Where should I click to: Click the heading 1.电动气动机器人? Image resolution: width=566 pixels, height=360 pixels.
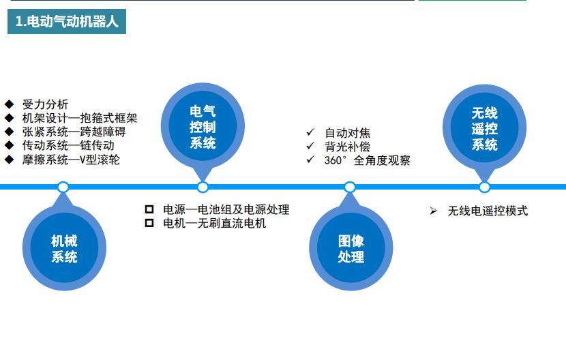point(67,21)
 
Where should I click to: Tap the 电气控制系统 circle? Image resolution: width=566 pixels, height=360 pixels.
point(203,127)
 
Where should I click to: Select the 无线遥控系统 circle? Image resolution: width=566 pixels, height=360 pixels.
point(484,128)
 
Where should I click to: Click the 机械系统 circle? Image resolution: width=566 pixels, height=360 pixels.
point(64,248)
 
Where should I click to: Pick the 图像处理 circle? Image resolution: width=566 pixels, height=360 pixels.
point(351,248)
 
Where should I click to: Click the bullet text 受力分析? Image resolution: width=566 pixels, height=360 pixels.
point(45,104)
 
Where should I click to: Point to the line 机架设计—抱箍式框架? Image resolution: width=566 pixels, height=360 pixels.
point(80,119)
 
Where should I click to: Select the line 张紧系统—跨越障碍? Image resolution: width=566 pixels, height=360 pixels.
point(74,132)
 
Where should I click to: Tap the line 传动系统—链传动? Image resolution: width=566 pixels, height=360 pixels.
point(68,145)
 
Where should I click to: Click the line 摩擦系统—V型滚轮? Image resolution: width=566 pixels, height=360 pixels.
point(71,160)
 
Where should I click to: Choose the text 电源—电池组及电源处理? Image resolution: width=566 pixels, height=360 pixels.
point(226,209)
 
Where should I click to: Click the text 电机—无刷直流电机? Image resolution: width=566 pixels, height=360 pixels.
point(214,223)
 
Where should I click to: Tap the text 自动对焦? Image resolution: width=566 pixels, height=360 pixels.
point(347,133)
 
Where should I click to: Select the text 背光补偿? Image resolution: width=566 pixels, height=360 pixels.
point(347,147)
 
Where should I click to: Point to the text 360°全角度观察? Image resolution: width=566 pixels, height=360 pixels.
point(367,161)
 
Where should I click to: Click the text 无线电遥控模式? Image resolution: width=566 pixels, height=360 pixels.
point(488,211)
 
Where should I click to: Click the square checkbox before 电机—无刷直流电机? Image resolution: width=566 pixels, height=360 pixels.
point(149,223)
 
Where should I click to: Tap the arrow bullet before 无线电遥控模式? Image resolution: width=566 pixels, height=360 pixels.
point(433,211)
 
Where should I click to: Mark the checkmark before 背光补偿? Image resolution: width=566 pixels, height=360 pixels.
point(310,146)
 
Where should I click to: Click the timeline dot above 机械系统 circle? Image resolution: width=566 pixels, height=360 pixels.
point(63,187)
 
